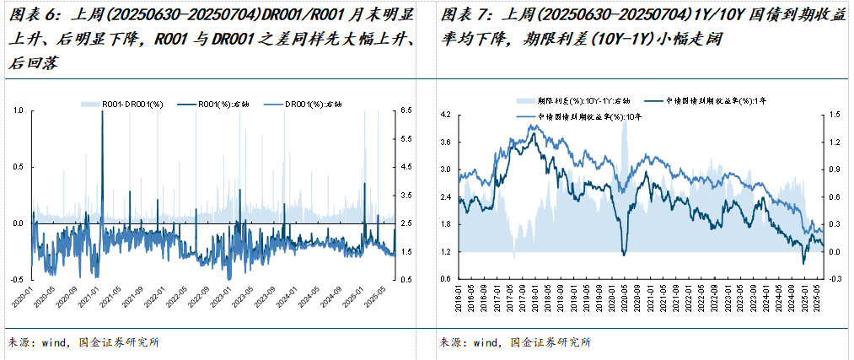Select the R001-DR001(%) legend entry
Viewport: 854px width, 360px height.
point(126,104)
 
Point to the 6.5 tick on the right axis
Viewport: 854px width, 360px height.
point(406,110)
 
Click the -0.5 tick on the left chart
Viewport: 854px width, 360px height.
point(16,279)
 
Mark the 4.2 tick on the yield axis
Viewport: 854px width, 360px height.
point(447,113)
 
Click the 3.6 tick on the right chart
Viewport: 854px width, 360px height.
point(447,141)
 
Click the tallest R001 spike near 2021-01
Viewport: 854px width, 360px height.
point(101,112)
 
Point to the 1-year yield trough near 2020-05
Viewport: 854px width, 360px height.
point(624,254)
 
